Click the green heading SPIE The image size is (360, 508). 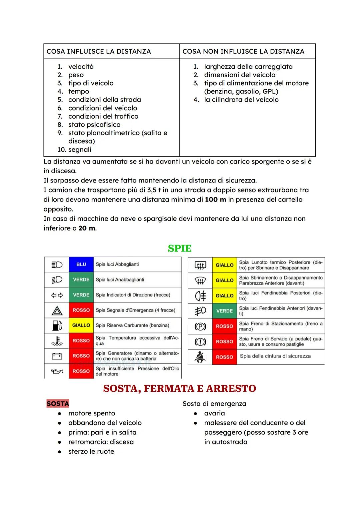click(x=180, y=249)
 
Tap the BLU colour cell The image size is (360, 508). click(x=81, y=264)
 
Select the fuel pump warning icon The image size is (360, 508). click(x=57, y=325)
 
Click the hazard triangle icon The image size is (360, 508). click(x=57, y=310)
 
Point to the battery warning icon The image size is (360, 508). click(x=57, y=356)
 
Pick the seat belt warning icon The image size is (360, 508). click(x=200, y=357)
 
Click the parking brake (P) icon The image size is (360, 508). click(x=200, y=326)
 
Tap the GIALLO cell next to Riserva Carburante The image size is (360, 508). click(x=81, y=325)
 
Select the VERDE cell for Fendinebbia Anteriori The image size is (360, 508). click(x=224, y=311)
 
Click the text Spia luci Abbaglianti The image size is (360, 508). click(x=117, y=264)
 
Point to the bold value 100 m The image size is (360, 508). click(x=215, y=200)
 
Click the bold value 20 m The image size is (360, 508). click(x=87, y=228)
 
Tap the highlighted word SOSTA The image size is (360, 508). click(x=58, y=404)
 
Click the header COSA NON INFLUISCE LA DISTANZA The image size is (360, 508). click(x=243, y=51)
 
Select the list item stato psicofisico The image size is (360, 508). click(x=94, y=125)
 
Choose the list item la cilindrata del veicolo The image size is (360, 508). click(x=241, y=100)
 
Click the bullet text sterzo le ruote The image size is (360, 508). click(x=91, y=451)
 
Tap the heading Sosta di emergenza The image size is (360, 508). click(x=214, y=404)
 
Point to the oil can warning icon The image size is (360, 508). click(x=57, y=371)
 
